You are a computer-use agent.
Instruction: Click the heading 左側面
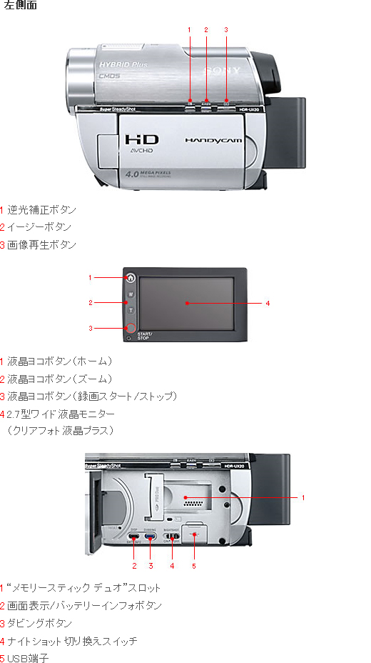(x=21, y=6)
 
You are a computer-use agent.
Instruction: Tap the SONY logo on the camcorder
(x=218, y=71)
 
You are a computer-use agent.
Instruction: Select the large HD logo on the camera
(x=142, y=140)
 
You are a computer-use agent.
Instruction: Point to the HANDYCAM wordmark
(x=213, y=141)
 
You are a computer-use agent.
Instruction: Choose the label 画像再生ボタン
(x=41, y=244)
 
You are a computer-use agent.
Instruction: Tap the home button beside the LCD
(x=131, y=278)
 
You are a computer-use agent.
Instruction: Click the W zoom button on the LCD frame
(x=131, y=294)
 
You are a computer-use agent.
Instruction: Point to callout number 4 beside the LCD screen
(x=268, y=304)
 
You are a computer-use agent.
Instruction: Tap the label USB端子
(x=28, y=658)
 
